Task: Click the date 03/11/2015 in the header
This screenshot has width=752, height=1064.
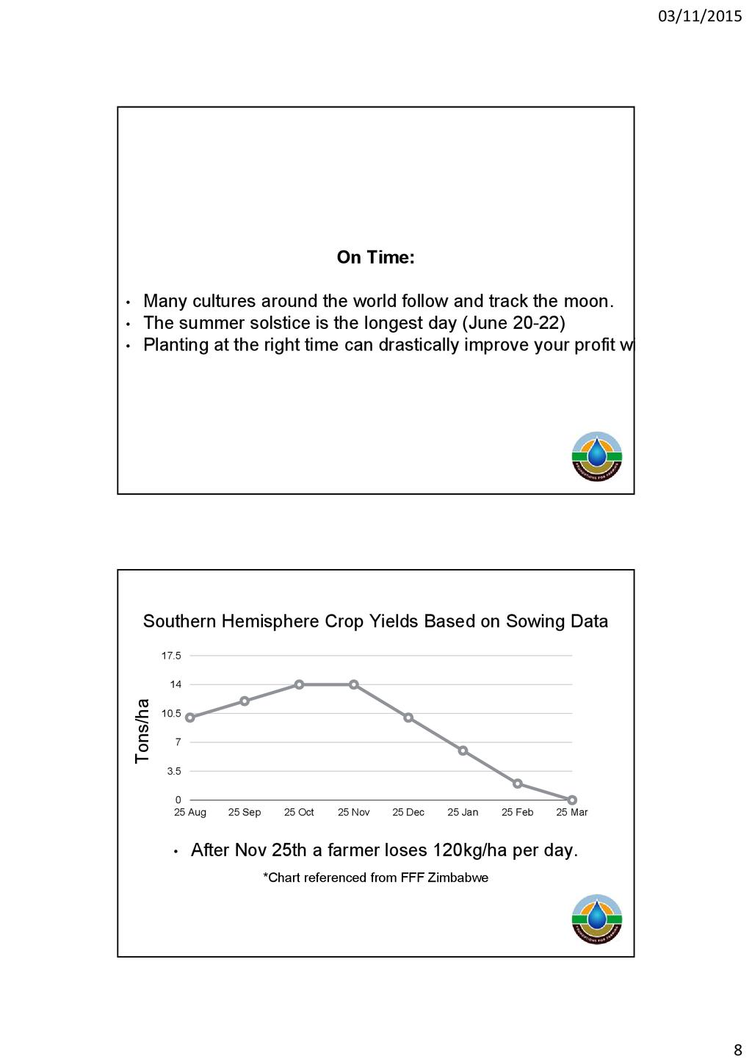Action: pyautogui.click(x=700, y=16)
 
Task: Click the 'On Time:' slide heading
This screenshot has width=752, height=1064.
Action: pyautogui.click(x=375, y=258)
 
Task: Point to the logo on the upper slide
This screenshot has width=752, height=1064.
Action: pyautogui.click(x=597, y=457)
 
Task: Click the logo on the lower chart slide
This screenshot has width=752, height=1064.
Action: pyautogui.click(x=597, y=919)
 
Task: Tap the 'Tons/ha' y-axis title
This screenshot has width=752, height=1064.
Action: pyautogui.click(x=142, y=731)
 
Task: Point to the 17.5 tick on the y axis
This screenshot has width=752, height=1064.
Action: pyautogui.click(x=171, y=656)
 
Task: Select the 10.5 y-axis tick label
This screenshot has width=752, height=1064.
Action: pyautogui.click(x=171, y=714)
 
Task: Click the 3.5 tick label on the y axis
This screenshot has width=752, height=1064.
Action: pyautogui.click(x=174, y=772)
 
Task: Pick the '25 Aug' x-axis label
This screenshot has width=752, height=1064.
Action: pyautogui.click(x=190, y=813)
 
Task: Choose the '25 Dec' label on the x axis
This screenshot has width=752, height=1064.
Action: pyautogui.click(x=408, y=813)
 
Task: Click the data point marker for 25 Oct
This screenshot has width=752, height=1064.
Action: pyautogui.click(x=299, y=684)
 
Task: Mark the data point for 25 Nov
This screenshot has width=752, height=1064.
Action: pyautogui.click(x=354, y=684)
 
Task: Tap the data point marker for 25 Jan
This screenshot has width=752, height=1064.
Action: pyautogui.click(x=463, y=750)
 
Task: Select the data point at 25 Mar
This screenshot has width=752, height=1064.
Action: pyautogui.click(x=572, y=800)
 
